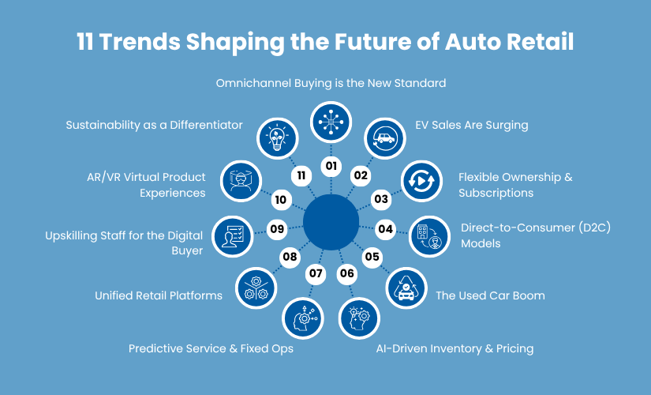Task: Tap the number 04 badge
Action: click(385, 229)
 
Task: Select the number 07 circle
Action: click(316, 274)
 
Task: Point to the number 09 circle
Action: click(277, 229)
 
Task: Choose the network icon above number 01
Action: click(331, 122)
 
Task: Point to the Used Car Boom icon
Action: click(406, 288)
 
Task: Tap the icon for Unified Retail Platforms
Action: click(256, 288)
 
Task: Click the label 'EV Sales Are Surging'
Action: click(471, 125)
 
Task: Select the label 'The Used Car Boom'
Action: click(490, 296)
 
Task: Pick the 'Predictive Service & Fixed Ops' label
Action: click(211, 348)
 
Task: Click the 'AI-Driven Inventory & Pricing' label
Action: click(454, 348)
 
